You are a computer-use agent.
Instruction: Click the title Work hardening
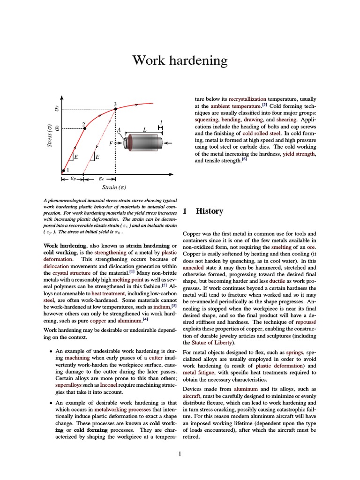coord(180,60)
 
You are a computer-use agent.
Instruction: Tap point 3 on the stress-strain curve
coord(116,109)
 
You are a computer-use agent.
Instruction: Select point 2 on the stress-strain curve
coord(84,128)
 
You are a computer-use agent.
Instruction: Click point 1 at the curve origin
coord(63,171)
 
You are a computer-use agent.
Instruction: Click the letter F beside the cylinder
coord(111,143)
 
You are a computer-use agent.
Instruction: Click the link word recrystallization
coord(247,99)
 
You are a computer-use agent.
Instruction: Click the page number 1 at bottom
coord(180,453)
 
